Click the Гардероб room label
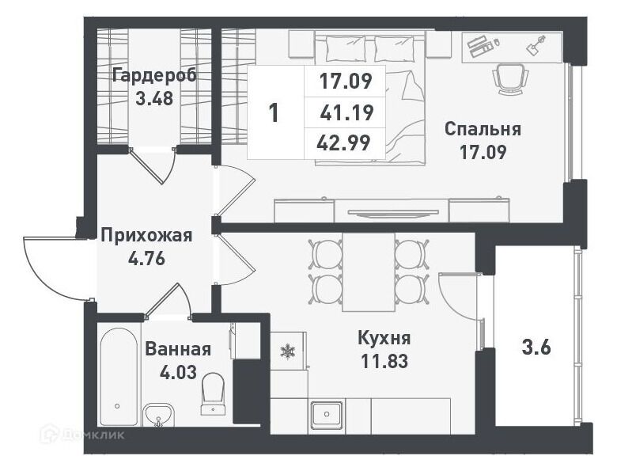click(x=154, y=76)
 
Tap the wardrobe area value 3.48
click(x=154, y=98)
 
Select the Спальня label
click(x=483, y=129)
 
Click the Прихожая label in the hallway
click(x=147, y=236)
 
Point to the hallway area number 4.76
click(x=146, y=259)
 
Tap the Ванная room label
click(x=178, y=349)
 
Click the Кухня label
click(x=384, y=338)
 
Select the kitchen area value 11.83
click(x=384, y=361)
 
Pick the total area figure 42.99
click(x=343, y=143)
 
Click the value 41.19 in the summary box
click(x=346, y=112)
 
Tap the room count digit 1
click(x=274, y=112)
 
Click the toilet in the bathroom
click(x=213, y=393)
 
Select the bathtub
click(x=117, y=378)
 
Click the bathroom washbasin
click(x=158, y=415)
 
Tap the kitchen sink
click(x=327, y=415)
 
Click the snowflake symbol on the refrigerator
click(x=288, y=351)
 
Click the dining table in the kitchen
click(x=369, y=272)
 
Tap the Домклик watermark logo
click(x=83, y=435)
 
